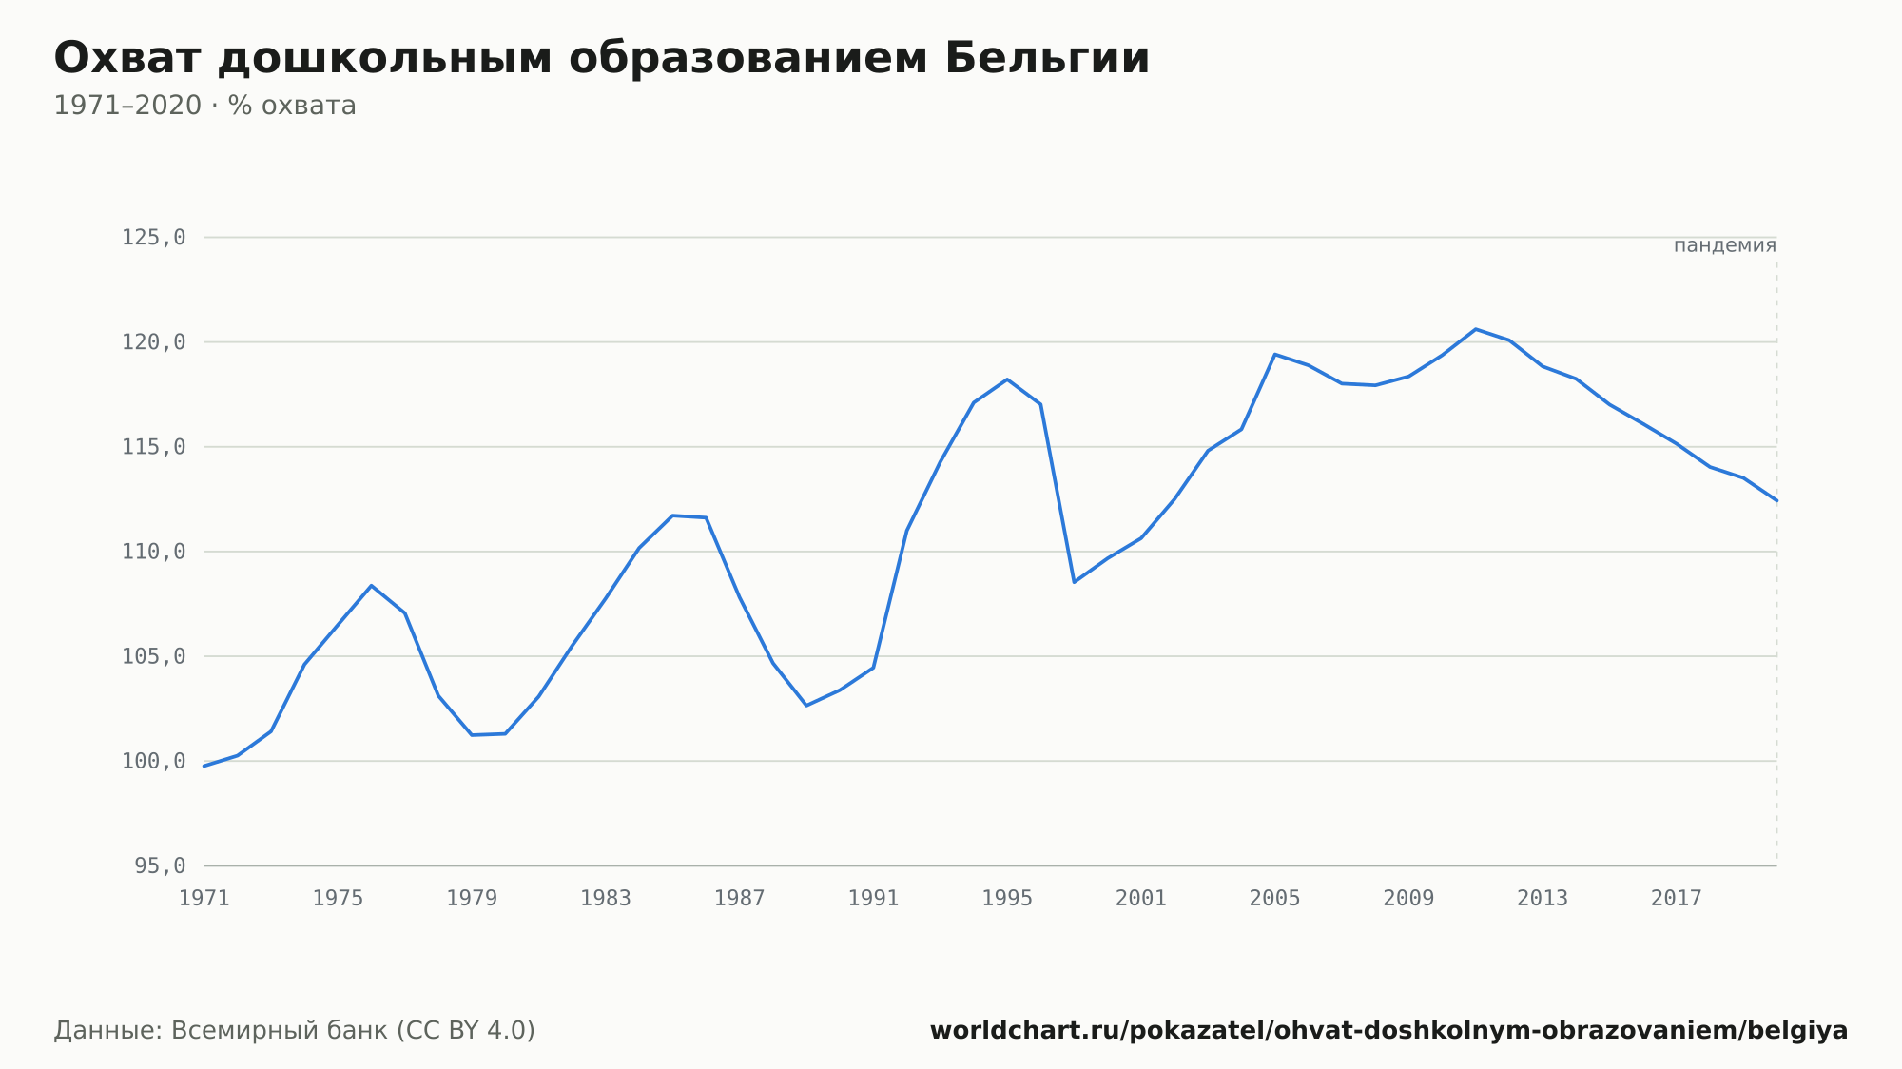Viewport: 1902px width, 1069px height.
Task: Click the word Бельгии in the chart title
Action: tap(1047, 58)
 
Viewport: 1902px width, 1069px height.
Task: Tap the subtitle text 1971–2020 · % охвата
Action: tap(204, 106)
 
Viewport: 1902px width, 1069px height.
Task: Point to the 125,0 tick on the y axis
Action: tap(153, 238)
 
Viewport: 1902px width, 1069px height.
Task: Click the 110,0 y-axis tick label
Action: tap(153, 552)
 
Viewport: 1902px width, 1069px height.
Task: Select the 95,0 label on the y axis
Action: tap(160, 865)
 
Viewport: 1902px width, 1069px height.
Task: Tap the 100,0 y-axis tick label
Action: tap(153, 761)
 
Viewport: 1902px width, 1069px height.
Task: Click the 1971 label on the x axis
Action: tap(204, 899)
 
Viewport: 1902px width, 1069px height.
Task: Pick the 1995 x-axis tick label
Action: tap(1007, 899)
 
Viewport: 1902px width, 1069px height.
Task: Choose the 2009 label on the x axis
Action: tap(1408, 899)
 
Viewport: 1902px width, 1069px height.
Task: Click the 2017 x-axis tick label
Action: tap(1676, 899)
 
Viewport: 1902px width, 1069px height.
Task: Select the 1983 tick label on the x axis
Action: tap(606, 899)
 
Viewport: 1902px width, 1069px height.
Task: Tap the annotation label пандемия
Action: tap(1724, 245)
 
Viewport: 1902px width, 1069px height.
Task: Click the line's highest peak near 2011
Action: tap(1475, 329)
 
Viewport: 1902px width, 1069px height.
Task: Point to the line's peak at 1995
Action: tap(1007, 379)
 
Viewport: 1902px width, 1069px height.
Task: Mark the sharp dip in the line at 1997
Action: tap(1074, 582)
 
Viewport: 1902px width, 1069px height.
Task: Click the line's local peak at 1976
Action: tap(371, 585)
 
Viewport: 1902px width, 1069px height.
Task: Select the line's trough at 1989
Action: tap(806, 706)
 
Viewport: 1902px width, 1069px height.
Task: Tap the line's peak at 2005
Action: tap(1274, 354)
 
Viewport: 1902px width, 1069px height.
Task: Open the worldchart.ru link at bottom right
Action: tap(1388, 1031)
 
